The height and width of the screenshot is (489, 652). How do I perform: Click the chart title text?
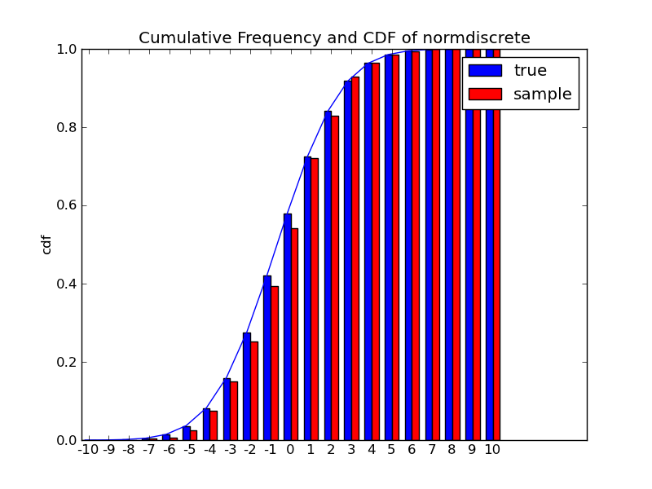click(x=334, y=37)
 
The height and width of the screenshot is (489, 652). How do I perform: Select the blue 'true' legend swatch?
click(x=485, y=70)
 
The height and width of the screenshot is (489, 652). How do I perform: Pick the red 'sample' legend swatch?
click(x=485, y=94)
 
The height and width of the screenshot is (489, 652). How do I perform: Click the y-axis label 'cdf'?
click(x=46, y=244)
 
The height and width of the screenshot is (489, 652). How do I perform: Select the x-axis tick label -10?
click(x=88, y=449)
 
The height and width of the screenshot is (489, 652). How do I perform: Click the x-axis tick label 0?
click(x=290, y=449)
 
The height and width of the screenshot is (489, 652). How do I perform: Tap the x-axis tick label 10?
click(x=492, y=449)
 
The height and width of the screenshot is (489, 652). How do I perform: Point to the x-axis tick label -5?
click(x=189, y=449)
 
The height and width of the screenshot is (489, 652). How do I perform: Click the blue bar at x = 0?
click(x=287, y=326)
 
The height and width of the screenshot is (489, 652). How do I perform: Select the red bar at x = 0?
click(x=294, y=334)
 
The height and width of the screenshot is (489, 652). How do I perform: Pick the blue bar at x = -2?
click(x=246, y=386)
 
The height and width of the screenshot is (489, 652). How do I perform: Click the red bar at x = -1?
click(x=275, y=379)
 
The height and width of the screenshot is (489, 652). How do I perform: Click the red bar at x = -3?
click(x=234, y=411)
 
